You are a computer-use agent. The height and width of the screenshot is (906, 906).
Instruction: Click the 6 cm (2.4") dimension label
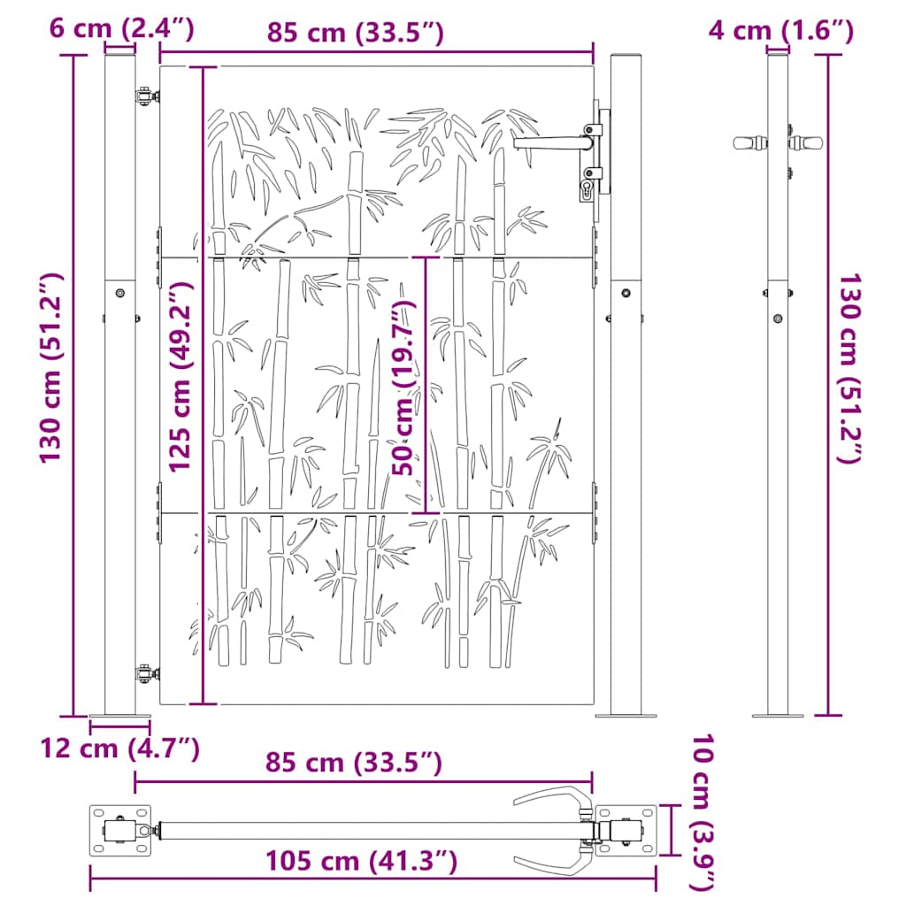tap(121, 29)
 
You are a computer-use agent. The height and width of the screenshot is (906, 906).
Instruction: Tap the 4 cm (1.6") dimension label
tap(780, 31)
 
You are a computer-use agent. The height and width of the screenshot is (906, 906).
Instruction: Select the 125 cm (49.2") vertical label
tap(181, 377)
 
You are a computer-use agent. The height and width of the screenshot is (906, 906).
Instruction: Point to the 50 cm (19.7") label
tap(405, 388)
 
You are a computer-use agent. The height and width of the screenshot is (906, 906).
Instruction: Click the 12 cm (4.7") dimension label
tap(119, 749)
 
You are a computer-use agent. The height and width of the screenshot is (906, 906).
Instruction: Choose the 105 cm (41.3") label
tap(361, 860)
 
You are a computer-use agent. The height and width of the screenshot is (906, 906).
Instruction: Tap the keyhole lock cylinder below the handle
tap(586, 188)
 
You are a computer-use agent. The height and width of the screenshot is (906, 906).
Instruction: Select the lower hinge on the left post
tap(142, 674)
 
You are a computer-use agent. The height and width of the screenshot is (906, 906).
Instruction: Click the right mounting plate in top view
tap(626, 831)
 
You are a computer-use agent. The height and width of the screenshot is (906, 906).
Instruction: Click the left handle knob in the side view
tap(749, 142)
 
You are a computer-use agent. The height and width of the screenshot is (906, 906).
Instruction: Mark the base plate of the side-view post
tap(777, 714)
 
